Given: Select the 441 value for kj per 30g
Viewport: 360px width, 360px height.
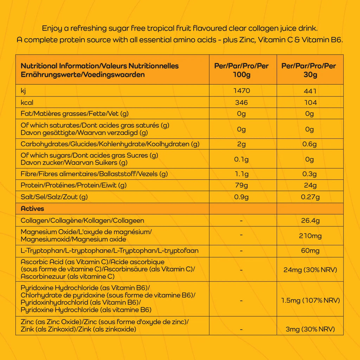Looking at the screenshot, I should tap(309, 91).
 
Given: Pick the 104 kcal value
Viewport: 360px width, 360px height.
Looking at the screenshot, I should tap(309, 103).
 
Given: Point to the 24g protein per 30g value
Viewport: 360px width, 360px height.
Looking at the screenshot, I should tap(309, 185).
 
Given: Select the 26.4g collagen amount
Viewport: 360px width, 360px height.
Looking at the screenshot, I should tap(309, 221).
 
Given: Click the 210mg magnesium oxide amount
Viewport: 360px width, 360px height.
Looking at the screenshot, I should tap(309, 236).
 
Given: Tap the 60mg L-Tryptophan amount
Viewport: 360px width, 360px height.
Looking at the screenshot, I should tap(309, 251).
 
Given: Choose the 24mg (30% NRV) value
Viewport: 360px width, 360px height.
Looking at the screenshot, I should tap(310, 270).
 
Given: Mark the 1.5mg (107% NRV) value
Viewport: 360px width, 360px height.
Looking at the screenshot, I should tap(310, 301).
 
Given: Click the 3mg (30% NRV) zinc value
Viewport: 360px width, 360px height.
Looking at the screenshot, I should tap(310, 329).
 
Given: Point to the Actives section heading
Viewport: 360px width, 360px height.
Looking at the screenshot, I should tap(32, 208).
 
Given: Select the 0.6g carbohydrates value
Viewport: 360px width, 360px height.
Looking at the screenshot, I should tap(309, 144).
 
